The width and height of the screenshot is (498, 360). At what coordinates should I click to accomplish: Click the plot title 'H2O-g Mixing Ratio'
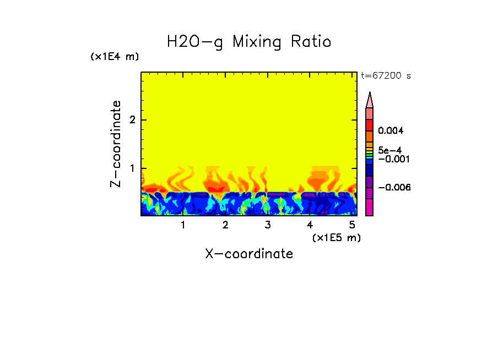pos(249,42)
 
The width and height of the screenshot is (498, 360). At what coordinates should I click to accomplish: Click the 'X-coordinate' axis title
pos(249,254)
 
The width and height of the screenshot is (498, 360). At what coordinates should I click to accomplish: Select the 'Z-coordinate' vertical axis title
pos(116,144)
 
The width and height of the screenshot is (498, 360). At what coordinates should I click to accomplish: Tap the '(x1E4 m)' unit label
pos(115,57)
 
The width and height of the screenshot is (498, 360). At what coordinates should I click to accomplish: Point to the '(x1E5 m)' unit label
pos(336,237)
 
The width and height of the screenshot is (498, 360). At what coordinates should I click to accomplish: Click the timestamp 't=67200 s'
pos(386,76)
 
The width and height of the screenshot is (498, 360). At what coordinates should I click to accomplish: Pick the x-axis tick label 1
pos(183,225)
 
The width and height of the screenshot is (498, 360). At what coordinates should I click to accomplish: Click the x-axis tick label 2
pos(225,225)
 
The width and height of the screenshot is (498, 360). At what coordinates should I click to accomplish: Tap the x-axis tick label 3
pos(268,225)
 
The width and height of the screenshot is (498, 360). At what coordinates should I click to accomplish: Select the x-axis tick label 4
pos(310,225)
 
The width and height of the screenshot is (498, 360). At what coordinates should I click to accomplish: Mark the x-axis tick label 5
pos(352,225)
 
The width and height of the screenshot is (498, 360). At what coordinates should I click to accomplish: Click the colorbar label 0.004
pos(391,131)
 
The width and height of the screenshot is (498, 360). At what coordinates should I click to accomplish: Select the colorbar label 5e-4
pos(389,150)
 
